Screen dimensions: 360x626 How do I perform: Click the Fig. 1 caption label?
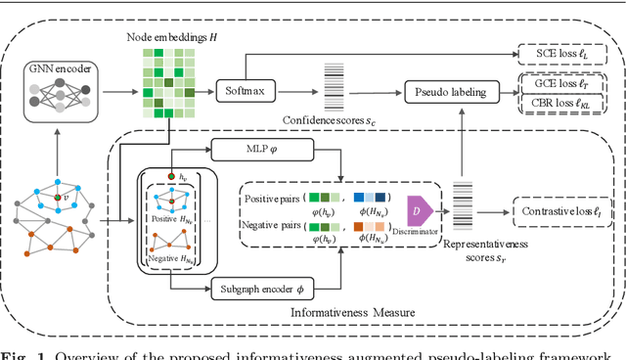pos(20,351)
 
